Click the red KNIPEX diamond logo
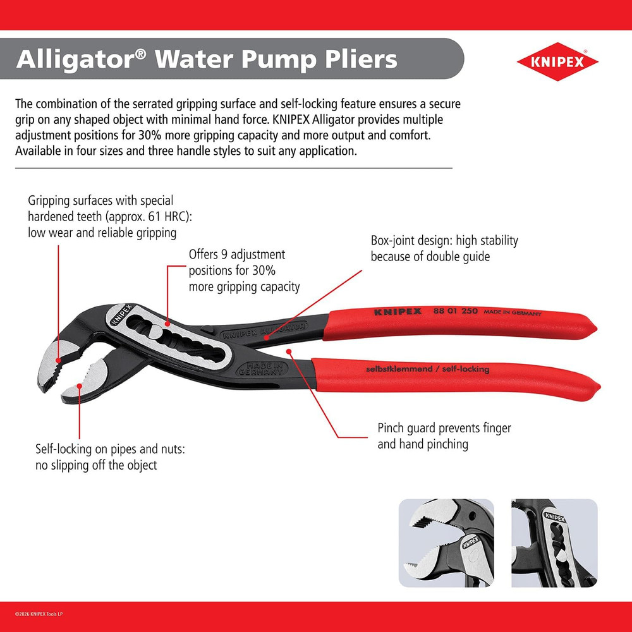tap(557, 62)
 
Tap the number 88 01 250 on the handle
tap(454, 312)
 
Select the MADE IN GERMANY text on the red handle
tap(513, 313)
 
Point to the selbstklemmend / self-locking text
tap(427, 369)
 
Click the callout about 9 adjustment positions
tap(244, 270)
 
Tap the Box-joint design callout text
tap(444, 248)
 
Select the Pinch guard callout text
tap(444, 436)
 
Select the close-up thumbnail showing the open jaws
tap(446, 543)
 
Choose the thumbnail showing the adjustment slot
tap(554, 543)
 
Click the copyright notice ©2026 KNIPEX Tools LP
tap(50, 612)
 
